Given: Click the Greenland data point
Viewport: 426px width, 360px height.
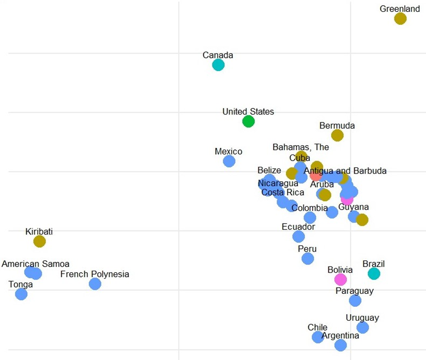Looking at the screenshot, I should (x=400, y=19).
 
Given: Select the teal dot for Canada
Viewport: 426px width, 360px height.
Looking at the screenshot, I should (x=218, y=65).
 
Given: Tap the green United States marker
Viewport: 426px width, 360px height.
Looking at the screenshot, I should (x=248, y=121).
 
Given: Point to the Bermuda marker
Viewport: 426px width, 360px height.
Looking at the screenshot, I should (x=337, y=135).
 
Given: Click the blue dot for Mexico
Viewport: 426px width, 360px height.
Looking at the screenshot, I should (x=229, y=161).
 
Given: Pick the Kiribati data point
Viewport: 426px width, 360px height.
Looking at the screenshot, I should (x=39, y=241).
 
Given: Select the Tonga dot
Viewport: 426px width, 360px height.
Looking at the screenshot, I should (x=21, y=294).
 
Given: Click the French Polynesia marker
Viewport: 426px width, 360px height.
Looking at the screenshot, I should (x=95, y=284).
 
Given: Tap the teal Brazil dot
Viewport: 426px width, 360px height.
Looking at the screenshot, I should (x=374, y=274).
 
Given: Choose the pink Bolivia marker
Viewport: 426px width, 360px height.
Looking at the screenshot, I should (x=340, y=279).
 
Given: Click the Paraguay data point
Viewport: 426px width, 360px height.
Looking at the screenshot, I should (x=355, y=301).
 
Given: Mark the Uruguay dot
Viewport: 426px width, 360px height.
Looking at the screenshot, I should (x=362, y=327).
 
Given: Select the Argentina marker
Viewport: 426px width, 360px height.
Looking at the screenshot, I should (x=340, y=345).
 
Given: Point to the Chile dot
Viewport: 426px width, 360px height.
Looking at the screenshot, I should (x=318, y=337).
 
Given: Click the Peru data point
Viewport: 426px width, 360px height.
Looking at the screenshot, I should (x=308, y=258).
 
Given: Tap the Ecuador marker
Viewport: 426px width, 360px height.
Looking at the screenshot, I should (x=298, y=237).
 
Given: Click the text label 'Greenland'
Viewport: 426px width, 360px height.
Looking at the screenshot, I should (x=400, y=9).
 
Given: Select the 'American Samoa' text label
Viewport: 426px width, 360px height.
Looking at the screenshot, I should (x=35, y=264).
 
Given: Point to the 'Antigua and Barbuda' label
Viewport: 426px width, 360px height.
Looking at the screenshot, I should (x=345, y=171).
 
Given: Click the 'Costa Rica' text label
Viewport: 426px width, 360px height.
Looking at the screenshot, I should (x=283, y=192).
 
